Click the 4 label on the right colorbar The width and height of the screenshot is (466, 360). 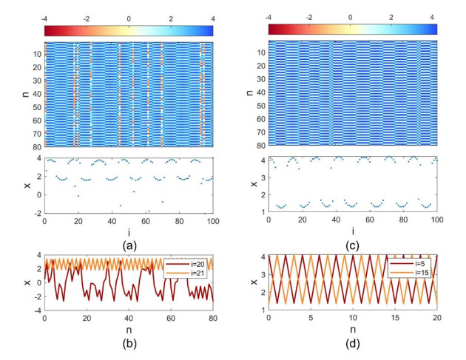tap(435, 16)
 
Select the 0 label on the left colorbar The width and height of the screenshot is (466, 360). tap(129, 16)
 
